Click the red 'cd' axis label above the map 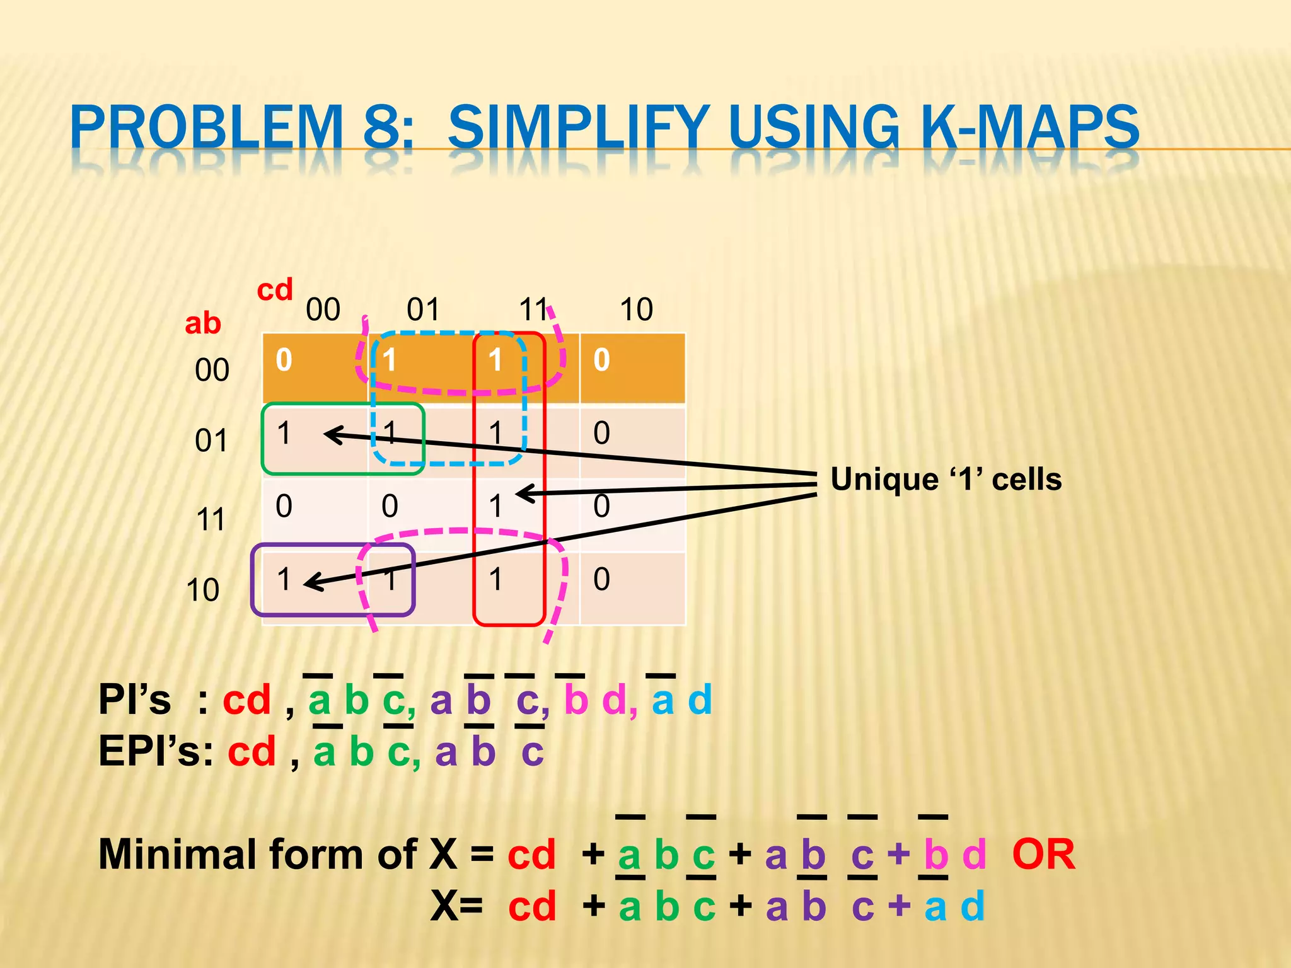[275, 290]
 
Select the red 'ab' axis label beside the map [202, 324]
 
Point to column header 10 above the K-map [636, 310]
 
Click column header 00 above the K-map [323, 310]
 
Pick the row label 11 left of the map [211, 521]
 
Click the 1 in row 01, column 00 [284, 434]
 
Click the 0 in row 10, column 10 [602, 580]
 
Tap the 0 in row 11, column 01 [390, 507]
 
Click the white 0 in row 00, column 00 [284, 360]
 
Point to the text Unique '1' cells [946, 480]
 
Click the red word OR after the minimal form [1043, 855]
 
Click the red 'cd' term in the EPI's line [252, 752]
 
